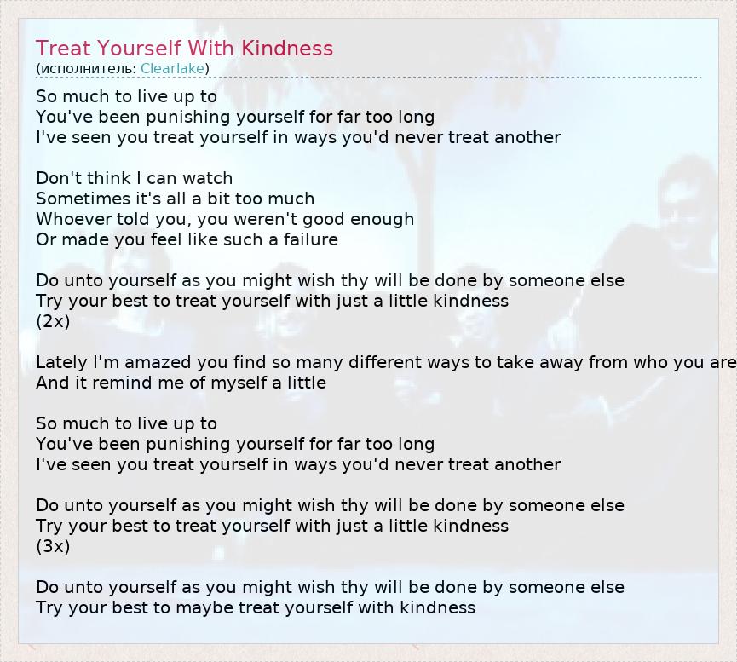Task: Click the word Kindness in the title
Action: [x=287, y=49]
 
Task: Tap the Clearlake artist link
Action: [x=172, y=69]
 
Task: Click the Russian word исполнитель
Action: [x=88, y=69]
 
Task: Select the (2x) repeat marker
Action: [x=53, y=321]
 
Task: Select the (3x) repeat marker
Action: [x=53, y=546]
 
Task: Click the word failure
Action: [x=311, y=239]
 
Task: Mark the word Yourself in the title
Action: [x=139, y=49]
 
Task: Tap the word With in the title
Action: [x=211, y=49]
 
